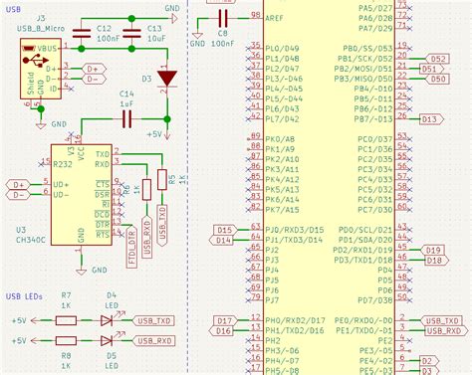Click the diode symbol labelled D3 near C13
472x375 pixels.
pyautogui.click(x=167, y=77)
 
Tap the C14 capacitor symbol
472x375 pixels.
pyautogui.click(x=126, y=119)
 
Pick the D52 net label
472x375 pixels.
pyautogui.click(x=435, y=59)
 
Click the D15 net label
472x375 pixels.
pyautogui.click(x=223, y=230)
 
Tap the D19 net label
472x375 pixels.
pyautogui.click(x=434, y=250)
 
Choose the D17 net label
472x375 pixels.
pyautogui.click(x=223, y=320)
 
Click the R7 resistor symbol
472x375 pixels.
pyautogui.click(x=66, y=321)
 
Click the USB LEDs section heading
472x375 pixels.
pyautogui.click(x=26, y=294)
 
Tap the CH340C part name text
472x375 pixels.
pyautogui.click(x=34, y=239)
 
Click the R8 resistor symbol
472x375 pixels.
pyautogui.click(x=66, y=340)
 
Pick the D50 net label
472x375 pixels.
pyautogui.click(x=435, y=79)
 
